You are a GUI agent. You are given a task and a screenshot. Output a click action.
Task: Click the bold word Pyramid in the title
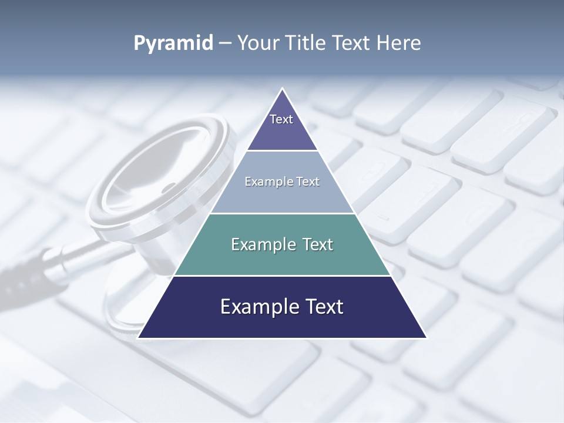coord(173,43)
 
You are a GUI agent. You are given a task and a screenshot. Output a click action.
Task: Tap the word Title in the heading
coord(305,43)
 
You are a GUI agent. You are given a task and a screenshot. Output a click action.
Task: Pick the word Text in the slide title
coord(351,43)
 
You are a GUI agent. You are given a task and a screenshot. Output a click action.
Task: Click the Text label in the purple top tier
coord(281,119)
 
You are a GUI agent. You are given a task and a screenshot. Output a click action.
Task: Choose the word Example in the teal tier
coord(262,244)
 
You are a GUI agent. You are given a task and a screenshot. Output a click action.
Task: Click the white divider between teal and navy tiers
coord(282,276)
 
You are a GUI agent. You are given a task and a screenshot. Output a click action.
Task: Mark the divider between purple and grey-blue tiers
coord(282,151)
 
